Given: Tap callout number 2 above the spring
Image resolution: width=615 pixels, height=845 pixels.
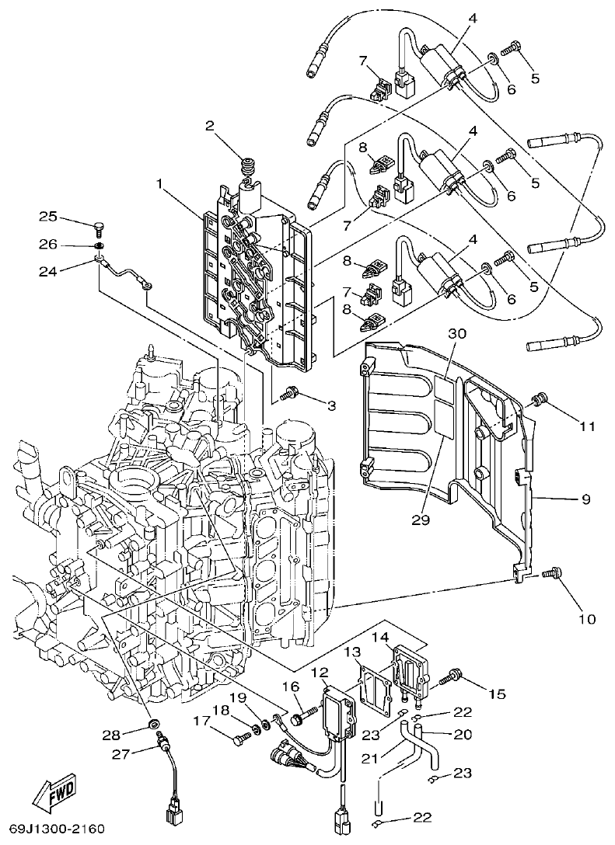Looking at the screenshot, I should coord(210,126).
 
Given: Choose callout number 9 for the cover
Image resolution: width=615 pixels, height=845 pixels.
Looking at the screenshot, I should coord(585,498).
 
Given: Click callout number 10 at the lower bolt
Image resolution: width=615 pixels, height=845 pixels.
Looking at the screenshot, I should coord(586,619).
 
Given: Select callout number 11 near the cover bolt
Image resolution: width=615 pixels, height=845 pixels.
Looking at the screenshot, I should coord(586,426).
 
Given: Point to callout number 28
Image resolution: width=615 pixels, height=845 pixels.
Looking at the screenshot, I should coord(112,734).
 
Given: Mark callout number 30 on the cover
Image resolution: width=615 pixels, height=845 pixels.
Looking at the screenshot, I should coord(458,333).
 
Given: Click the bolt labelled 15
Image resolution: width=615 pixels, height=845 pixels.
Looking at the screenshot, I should coord(452,679).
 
